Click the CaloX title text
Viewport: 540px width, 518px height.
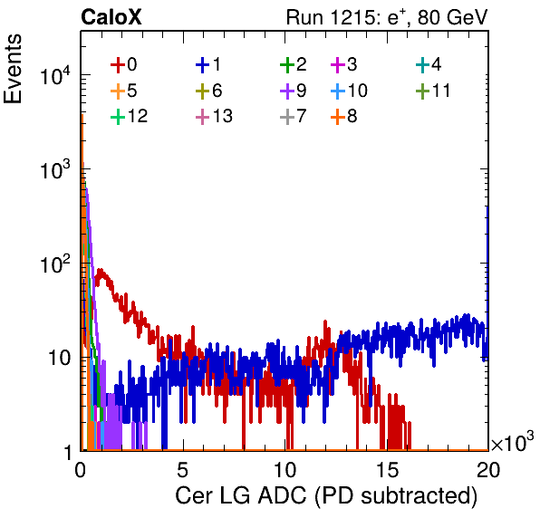(x=111, y=17)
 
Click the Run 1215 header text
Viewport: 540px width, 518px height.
(x=387, y=17)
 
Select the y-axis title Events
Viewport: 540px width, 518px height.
(x=13, y=69)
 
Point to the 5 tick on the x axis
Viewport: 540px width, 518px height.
(x=182, y=469)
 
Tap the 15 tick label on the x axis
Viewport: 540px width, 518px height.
(x=387, y=469)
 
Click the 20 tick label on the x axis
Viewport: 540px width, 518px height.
(x=488, y=469)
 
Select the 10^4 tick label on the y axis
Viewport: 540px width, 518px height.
(x=55, y=76)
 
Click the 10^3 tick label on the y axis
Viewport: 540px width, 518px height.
(x=55, y=170)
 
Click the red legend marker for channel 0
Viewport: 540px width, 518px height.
(x=118, y=65)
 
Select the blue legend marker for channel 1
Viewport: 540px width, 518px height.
(x=203, y=65)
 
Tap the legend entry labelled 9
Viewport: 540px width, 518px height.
(x=294, y=91)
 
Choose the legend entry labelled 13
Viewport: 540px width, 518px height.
(x=214, y=116)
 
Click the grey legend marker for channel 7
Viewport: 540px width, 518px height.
(x=287, y=117)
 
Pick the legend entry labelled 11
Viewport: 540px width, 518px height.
(x=433, y=91)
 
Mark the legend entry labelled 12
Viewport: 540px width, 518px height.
(x=130, y=116)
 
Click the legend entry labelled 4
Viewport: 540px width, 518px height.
(x=429, y=65)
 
